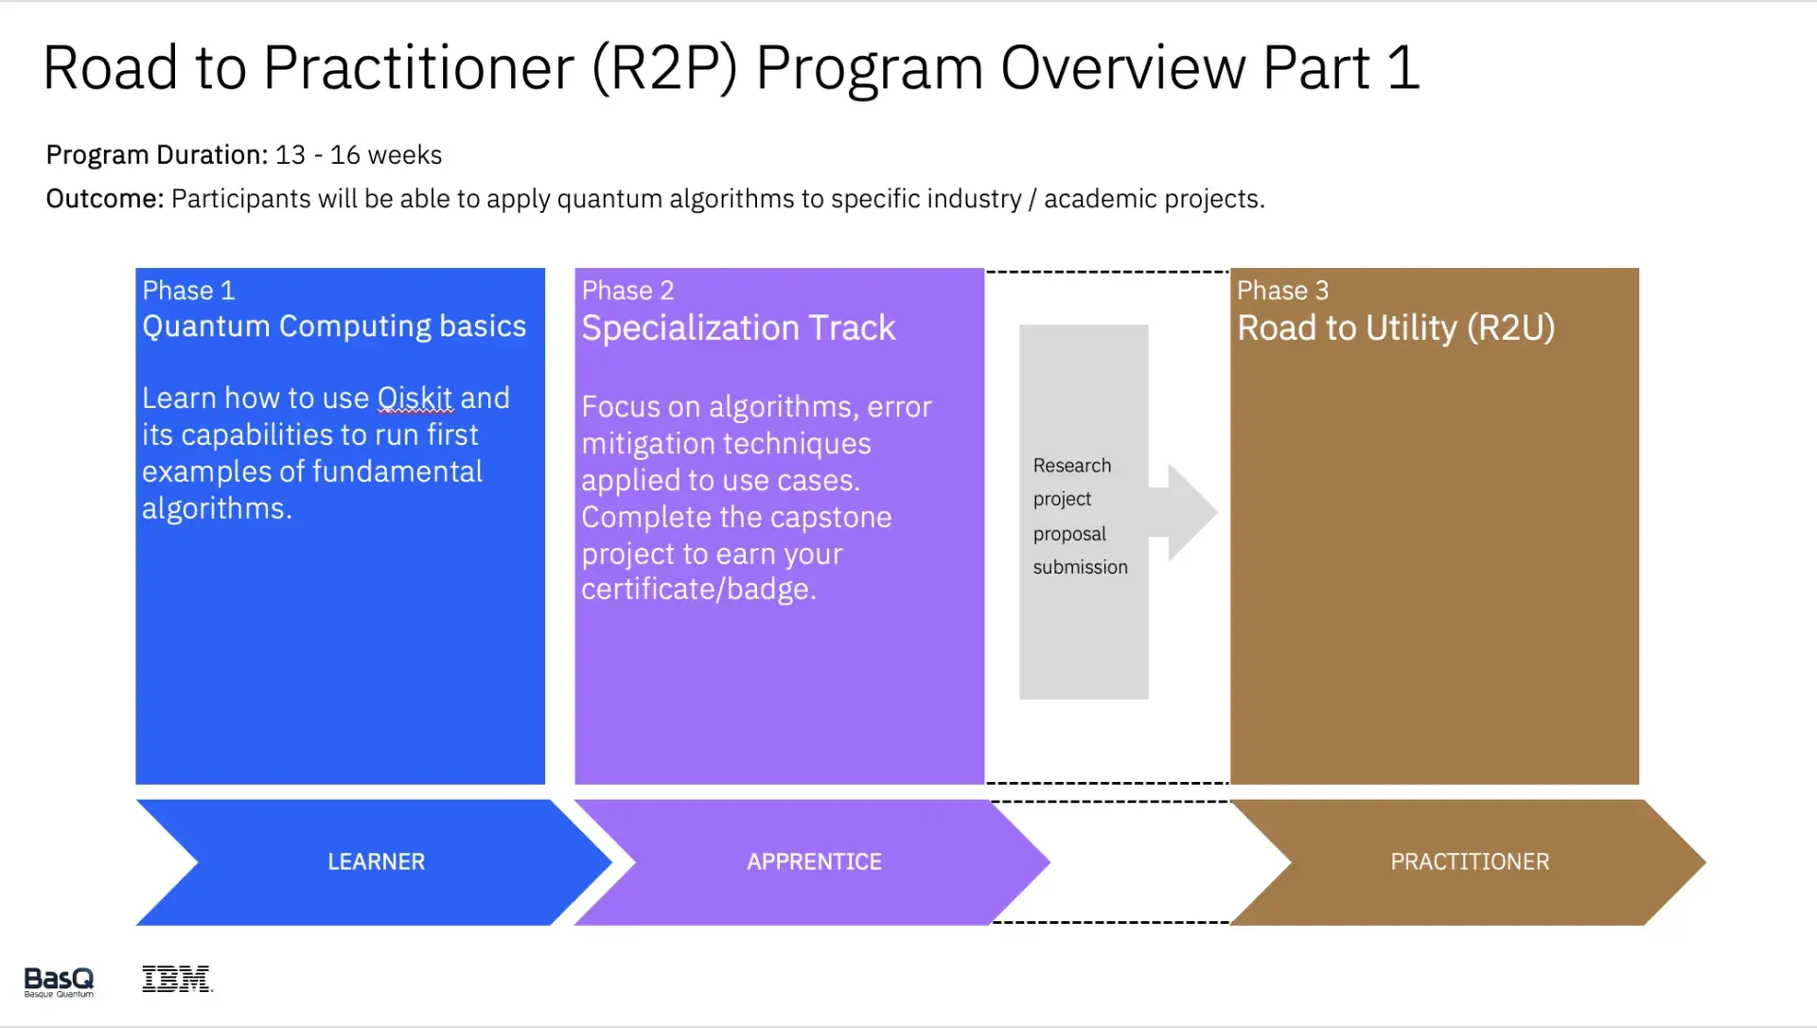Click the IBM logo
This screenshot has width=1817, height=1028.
pos(176,979)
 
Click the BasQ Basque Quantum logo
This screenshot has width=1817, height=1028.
pos(59,981)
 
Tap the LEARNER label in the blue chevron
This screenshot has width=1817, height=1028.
pos(376,861)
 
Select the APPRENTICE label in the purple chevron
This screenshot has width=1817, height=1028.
pos(814,861)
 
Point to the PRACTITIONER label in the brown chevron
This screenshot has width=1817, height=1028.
pos(1469,861)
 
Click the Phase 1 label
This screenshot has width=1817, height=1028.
pos(188,290)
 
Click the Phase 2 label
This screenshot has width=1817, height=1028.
pos(627,290)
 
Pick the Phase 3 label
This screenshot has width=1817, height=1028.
pos(1282,290)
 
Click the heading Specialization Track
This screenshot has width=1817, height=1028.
pos(738,328)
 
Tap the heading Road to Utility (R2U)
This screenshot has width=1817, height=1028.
pos(1395,328)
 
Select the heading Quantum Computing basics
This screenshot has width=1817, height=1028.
pos(333,326)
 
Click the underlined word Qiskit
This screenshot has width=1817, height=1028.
pos(415,398)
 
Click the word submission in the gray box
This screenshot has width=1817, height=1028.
pos(1080,567)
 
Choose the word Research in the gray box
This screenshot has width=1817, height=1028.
pos(1071,466)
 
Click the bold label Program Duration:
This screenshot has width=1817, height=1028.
pos(157,154)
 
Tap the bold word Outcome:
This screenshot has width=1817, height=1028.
pos(104,199)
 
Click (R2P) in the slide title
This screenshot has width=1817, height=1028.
pos(664,68)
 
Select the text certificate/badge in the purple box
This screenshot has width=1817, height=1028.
pos(697,589)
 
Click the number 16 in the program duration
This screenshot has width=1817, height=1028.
pos(344,154)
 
